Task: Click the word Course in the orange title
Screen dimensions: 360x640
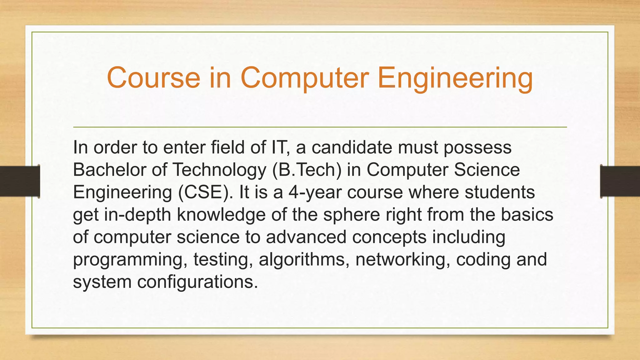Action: pyautogui.click(x=153, y=77)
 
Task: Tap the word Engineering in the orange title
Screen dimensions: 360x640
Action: pyautogui.click(x=455, y=78)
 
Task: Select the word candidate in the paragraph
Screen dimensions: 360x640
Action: pyautogui.click(x=352, y=147)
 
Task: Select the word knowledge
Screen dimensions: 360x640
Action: pyautogui.click(x=221, y=215)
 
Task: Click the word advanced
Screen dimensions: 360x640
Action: pyautogui.click(x=306, y=237)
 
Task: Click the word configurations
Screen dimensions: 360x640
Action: pyautogui.click(x=197, y=282)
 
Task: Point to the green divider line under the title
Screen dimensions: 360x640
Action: pyautogui.click(x=320, y=127)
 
